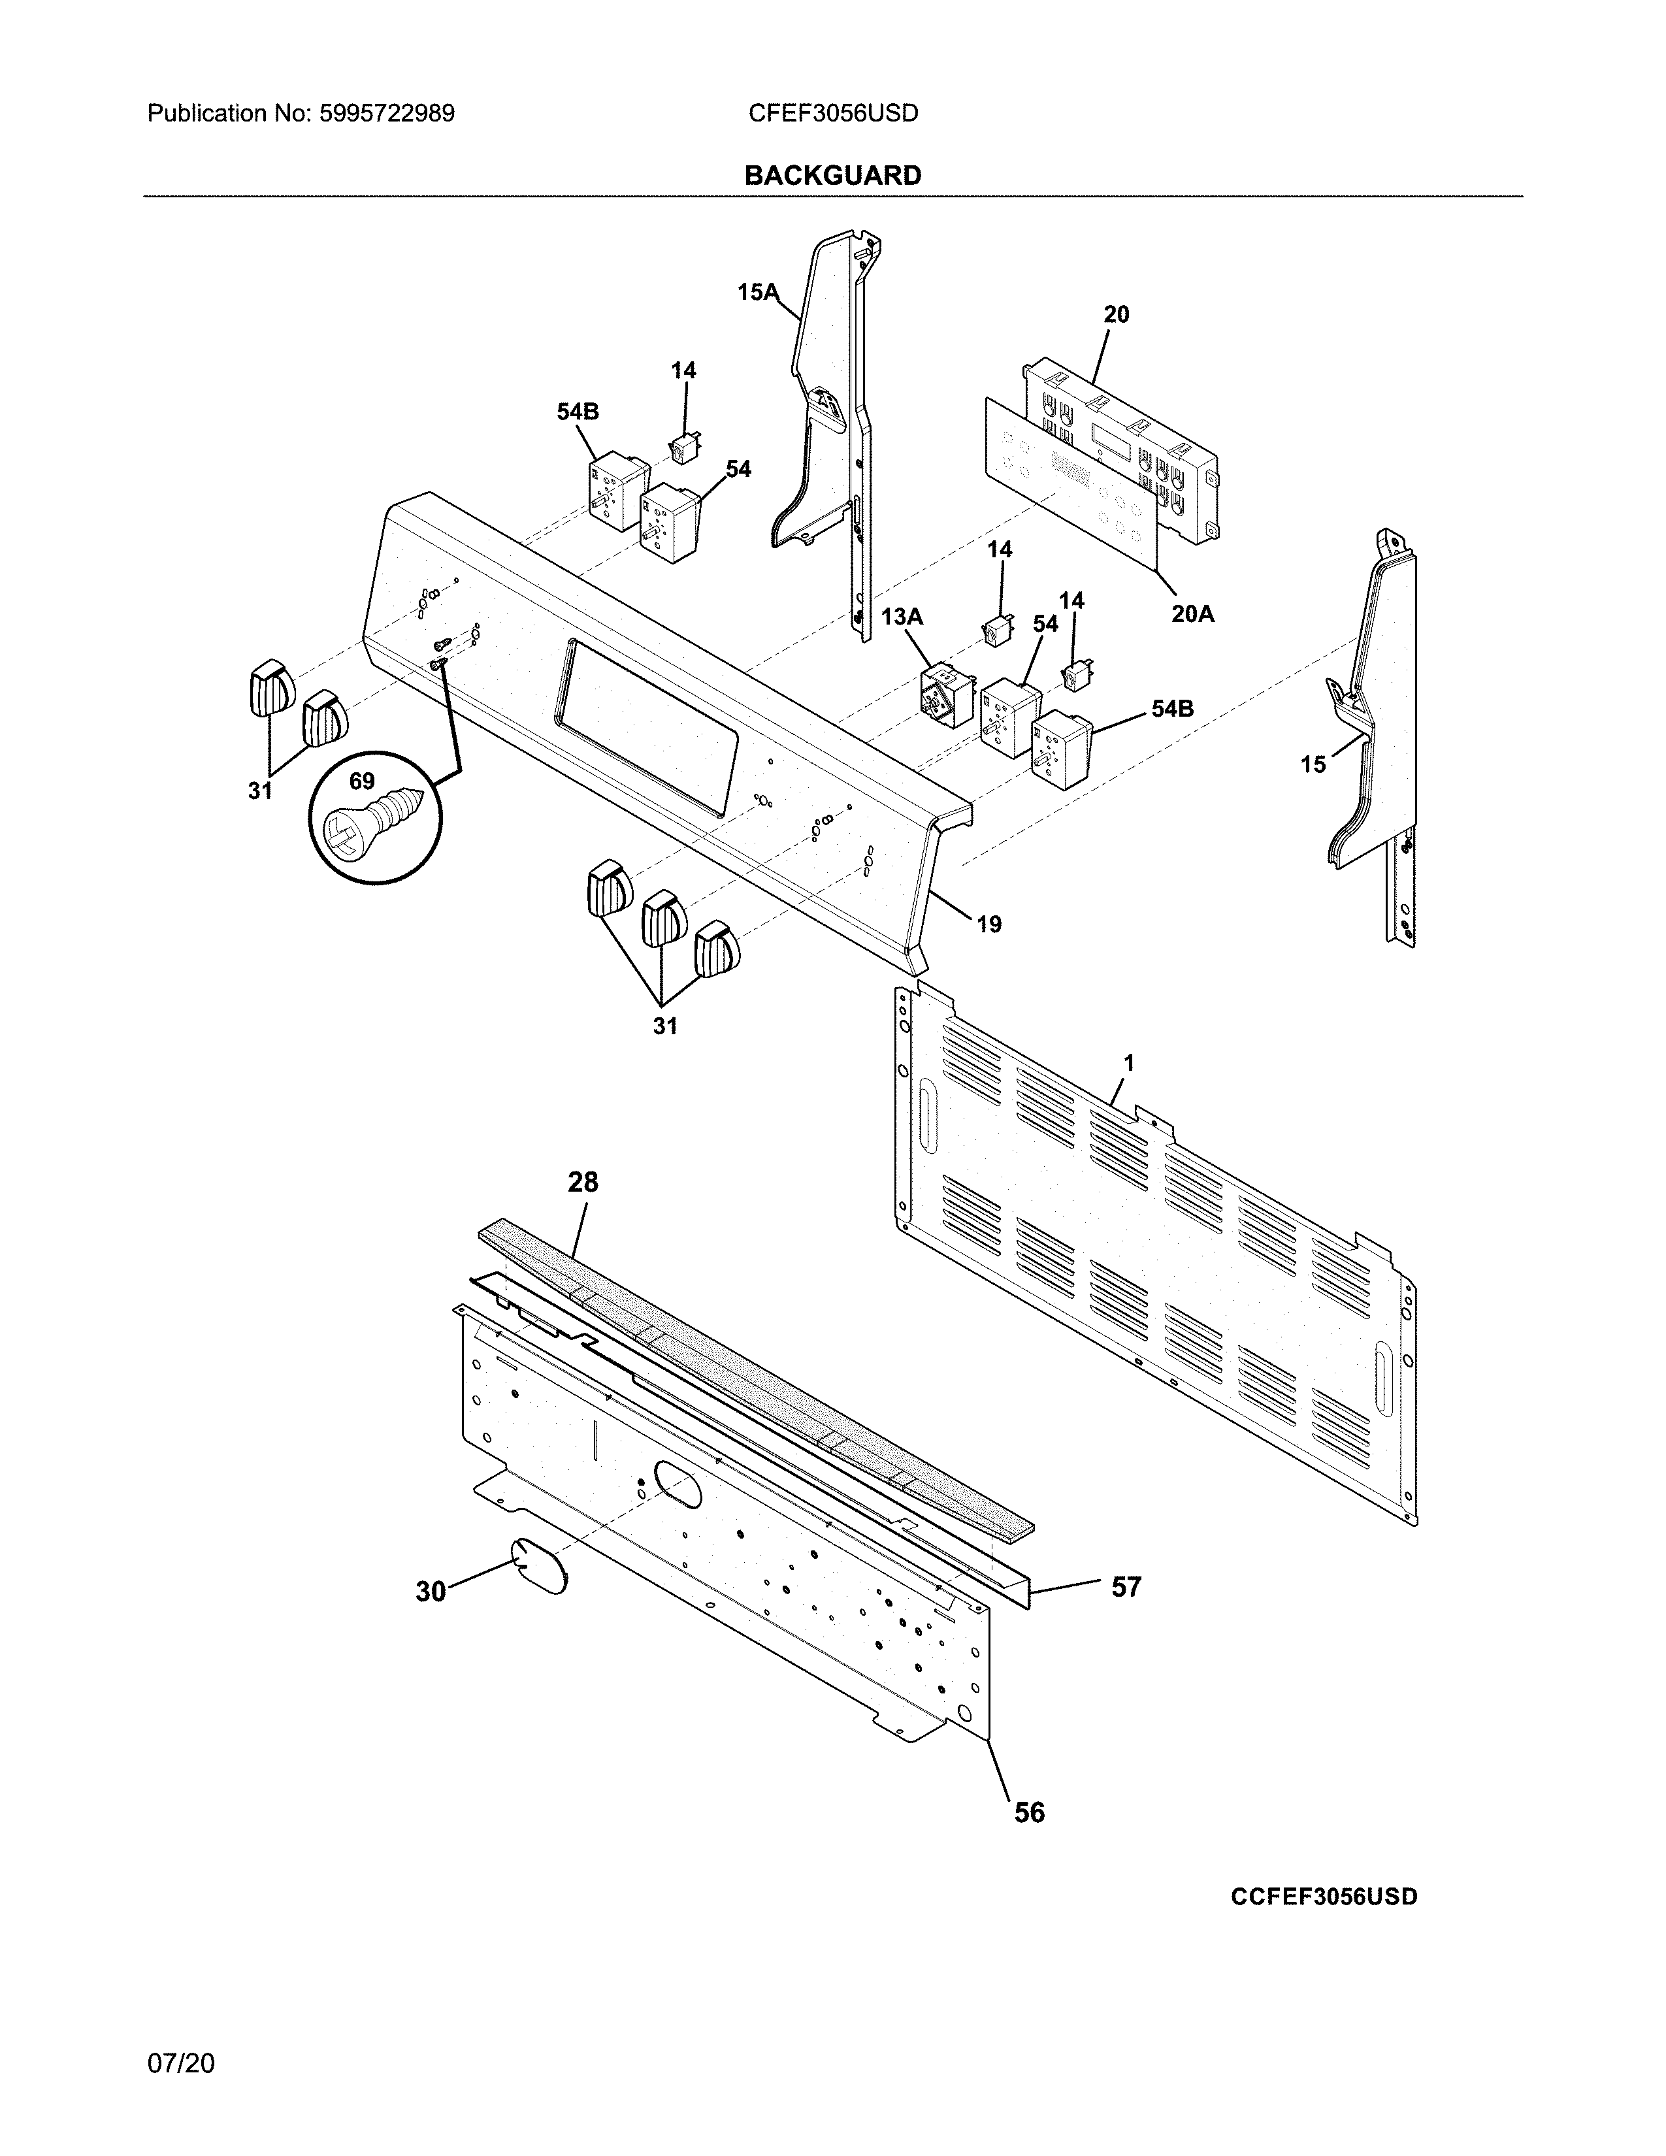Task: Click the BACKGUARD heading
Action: tap(832, 176)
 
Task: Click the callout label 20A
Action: tap(1192, 614)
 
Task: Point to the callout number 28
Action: tap(582, 1182)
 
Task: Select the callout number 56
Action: tap(1030, 1812)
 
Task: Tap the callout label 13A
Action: tap(901, 617)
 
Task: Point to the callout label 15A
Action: tap(758, 292)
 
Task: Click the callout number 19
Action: tap(989, 924)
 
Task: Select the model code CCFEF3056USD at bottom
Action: tap(1324, 1897)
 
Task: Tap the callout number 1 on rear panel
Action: tap(1128, 1063)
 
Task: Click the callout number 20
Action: tap(1117, 314)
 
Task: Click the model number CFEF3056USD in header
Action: tap(833, 114)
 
